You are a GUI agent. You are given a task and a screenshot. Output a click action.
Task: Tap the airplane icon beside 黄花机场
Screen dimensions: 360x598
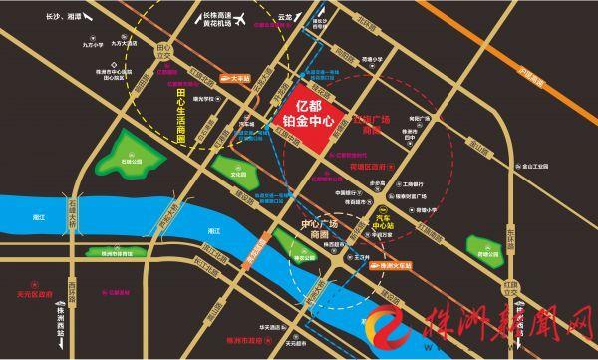tap(243, 18)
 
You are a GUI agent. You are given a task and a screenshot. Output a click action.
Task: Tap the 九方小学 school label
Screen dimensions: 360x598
tap(95, 45)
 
